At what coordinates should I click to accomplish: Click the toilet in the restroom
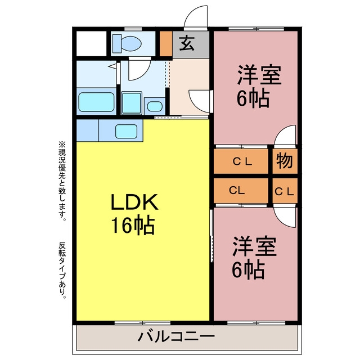[x=127, y=43]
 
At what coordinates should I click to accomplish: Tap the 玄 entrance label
[x=187, y=44]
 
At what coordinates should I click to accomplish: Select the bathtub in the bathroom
[x=96, y=102]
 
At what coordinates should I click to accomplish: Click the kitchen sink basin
[x=126, y=131]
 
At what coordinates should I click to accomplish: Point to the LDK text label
[x=134, y=202]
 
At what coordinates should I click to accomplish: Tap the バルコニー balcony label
[x=176, y=337]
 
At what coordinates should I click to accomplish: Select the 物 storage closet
[x=285, y=161]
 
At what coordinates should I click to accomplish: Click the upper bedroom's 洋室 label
[x=259, y=75]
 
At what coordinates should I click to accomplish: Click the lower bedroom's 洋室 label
[x=254, y=246]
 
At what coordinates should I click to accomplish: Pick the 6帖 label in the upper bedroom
[x=253, y=98]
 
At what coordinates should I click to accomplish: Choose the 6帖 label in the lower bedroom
[x=249, y=269]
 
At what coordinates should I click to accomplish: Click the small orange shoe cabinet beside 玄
[x=166, y=44]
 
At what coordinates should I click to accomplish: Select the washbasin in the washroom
[x=155, y=106]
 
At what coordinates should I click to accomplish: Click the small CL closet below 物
[x=285, y=191]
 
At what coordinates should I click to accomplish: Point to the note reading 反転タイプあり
[x=62, y=271]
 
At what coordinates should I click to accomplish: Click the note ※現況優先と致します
[x=62, y=181]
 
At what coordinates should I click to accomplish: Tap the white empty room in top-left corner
[x=91, y=43]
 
